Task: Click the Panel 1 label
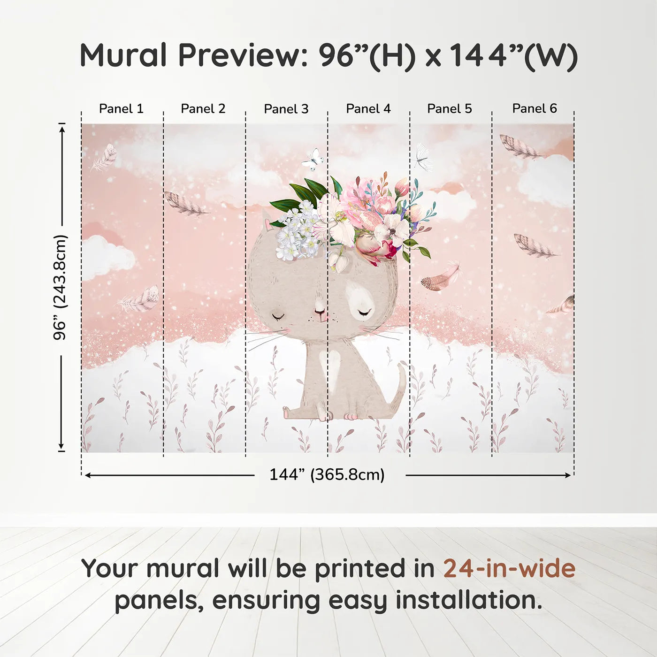click(x=121, y=109)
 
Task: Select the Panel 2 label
click(x=203, y=109)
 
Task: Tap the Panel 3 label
click(x=286, y=109)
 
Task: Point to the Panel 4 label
click(x=368, y=109)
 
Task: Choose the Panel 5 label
click(x=450, y=109)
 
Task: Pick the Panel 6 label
click(x=535, y=109)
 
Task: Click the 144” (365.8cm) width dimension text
click(x=327, y=475)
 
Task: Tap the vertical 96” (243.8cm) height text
click(x=61, y=287)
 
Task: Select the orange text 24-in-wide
click(x=509, y=569)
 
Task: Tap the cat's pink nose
click(x=320, y=311)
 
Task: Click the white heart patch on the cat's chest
click(x=333, y=364)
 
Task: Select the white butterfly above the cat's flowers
click(x=313, y=160)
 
